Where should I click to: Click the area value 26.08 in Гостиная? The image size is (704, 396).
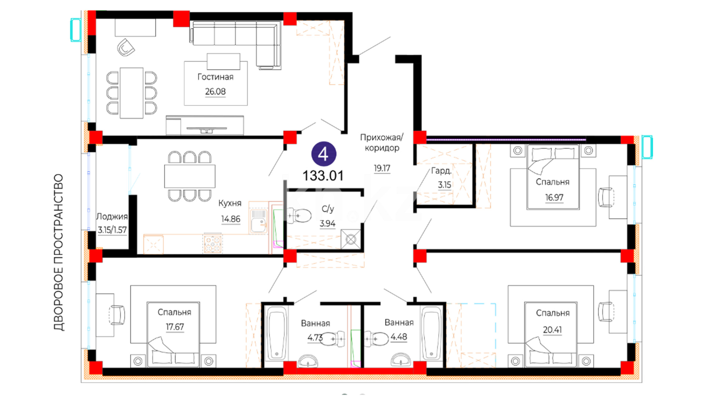[x=215, y=92]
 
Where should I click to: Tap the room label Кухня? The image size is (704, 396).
[x=230, y=203]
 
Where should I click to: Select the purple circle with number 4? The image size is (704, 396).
[x=323, y=154]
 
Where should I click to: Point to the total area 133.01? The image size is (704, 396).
[x=323, y=176]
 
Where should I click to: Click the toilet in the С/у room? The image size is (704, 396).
[x=299, y=216]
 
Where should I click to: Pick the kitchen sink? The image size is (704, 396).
[x=258, y=221]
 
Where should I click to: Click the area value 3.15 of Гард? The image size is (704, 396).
[x=444, y=185]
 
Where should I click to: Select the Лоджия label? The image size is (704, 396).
[x=112, y=217]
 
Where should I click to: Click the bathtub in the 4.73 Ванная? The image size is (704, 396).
[x=277, y=333]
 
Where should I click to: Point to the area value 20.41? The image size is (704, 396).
[x=552, y=330]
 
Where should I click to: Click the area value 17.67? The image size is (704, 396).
[x=175, y=327]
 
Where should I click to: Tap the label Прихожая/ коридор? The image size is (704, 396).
[x=382, y=143]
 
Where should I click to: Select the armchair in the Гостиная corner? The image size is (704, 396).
[x=126, y=47]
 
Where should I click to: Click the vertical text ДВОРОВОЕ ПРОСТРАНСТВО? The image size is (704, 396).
[x=59, y=252]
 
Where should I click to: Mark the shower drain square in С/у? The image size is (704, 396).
[x=351, y=239]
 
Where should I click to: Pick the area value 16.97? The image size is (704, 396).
[x=554, y=198]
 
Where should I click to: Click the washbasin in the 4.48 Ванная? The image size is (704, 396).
[x=401, y=360]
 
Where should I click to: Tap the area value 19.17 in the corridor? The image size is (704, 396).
[x=382, y=168]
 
